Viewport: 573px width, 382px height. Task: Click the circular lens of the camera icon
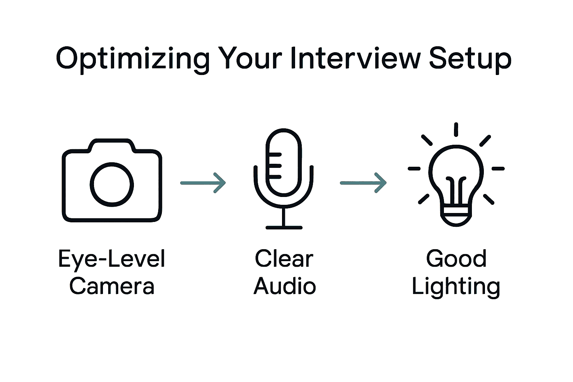point(112,184)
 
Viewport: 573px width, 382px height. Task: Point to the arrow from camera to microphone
point(203,182)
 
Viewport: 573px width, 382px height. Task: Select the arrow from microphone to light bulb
point(363,182)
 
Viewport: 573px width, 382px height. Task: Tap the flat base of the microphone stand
point(284,227)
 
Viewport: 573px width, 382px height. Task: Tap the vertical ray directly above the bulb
point(456,129)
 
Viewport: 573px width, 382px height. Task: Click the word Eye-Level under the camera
point(112,259)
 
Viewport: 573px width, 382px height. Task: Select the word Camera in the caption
point(112,286)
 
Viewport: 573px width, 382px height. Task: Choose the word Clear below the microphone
point(284,259)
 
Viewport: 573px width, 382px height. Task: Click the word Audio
point(285,286)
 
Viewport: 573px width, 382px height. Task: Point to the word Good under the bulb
point(456,259)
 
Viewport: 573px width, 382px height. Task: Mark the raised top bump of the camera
point(112,145)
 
